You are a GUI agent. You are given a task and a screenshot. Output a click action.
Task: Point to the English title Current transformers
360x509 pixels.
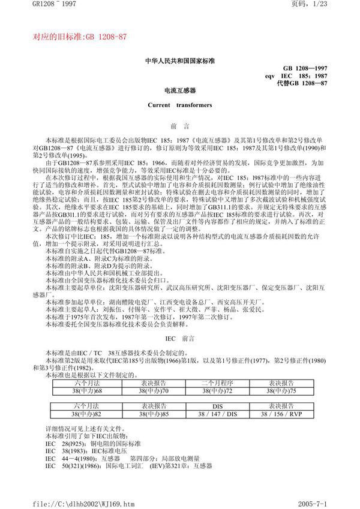(179, 105)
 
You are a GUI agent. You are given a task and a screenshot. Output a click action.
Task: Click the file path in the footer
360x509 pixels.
(74, 500)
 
